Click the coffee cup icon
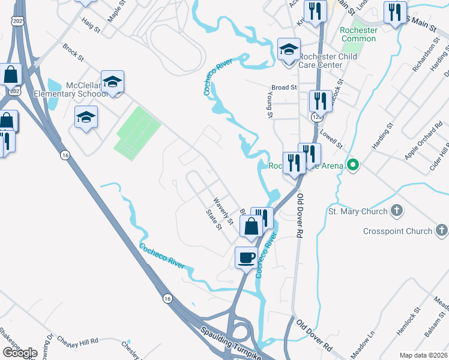click(x=246, y=258)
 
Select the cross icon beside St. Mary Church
click(x=397, y=211)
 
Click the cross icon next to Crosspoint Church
click(x=441, y=230)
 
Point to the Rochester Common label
click(x=358, y=34)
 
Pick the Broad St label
click(x=285, y=87)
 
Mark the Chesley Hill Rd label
click(x=77, y=341)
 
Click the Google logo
click(x=20, y=353)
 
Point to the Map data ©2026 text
click(x=424, y=355)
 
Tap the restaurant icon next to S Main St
click(x=395, y=13)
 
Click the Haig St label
click(x=90, y=25)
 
